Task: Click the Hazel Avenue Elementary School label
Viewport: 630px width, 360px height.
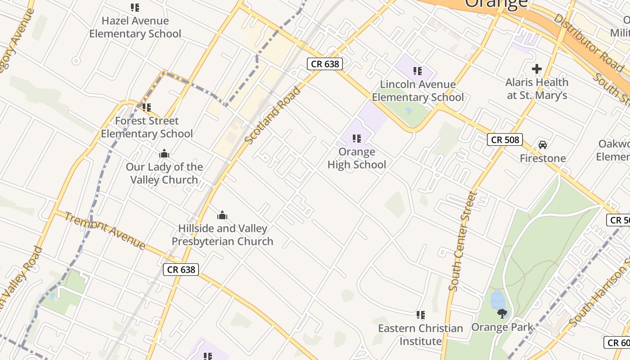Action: (135, 27)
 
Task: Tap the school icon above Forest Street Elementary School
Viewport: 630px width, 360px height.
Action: (147, 108)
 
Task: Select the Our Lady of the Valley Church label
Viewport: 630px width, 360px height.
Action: (164, 173)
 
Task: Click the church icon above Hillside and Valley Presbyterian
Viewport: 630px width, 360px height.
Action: (222, 216)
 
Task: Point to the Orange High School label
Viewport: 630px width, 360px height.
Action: (357, 158)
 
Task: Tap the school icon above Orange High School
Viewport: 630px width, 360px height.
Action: (357, 138)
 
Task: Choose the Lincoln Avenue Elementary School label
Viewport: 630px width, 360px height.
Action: (418, 90)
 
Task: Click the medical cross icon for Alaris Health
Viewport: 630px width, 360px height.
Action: (536, 69)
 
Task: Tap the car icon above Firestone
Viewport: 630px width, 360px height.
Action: (543, 145)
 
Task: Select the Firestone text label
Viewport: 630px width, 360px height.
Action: (543, 158)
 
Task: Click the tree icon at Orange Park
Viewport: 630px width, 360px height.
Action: (502, 313)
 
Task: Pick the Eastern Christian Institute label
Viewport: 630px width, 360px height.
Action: (421, 334)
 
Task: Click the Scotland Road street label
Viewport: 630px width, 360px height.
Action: (273, 115)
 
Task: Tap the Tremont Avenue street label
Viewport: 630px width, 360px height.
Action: (105, 230)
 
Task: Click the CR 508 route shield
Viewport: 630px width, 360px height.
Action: (505, 140)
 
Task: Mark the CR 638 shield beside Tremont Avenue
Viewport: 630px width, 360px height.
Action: (181, 270)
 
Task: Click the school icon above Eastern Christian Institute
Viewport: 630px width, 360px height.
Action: (421, 315)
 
